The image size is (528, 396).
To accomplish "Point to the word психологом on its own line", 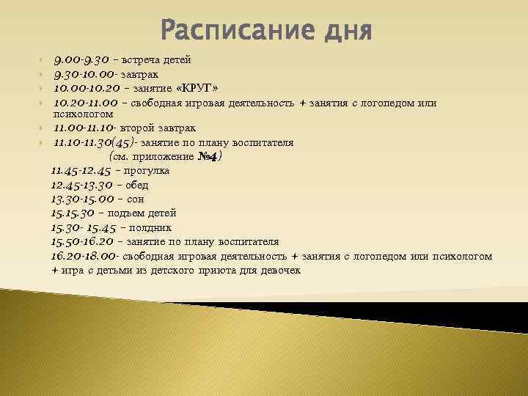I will click(x=84, y=114).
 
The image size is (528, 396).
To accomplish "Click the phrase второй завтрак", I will click(x=161, y=128).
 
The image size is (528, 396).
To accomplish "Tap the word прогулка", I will click(x=147, y=171).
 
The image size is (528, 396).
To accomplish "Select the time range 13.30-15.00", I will click(x=82, y=199).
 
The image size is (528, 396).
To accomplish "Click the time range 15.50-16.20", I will click(x=82, y=241).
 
